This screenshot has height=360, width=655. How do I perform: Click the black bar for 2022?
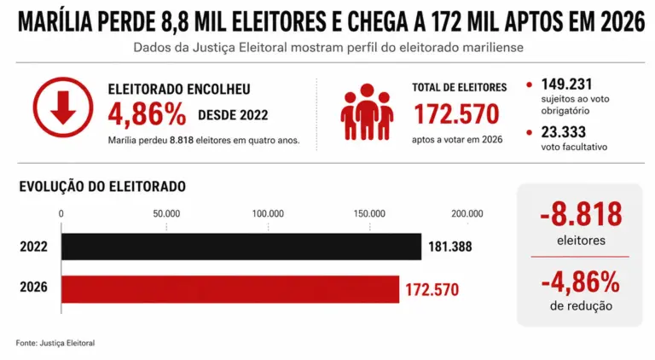coord(241,247)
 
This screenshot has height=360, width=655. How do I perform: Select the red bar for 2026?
coord(230,289)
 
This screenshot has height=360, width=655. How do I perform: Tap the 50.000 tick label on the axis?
coord(166,214)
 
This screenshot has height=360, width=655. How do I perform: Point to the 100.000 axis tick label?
coord(268,214)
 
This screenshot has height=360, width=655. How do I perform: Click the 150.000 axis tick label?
coord(369,214)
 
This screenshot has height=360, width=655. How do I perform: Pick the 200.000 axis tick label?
coord(467,214)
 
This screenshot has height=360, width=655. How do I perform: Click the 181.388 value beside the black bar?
coord(450,247)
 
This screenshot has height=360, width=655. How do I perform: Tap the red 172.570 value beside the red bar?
coord(432,290)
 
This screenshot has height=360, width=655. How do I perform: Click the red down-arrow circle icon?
coord(63,107)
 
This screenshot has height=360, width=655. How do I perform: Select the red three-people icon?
coord(367,112)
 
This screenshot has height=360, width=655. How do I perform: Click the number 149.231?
coord(566,84)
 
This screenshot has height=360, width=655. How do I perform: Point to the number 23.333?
coord(564,132)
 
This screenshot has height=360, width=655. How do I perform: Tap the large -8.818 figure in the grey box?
coord(581,214)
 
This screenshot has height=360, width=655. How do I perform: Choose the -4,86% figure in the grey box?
coord(581,282)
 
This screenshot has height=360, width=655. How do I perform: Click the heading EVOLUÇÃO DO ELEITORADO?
coord(102,186)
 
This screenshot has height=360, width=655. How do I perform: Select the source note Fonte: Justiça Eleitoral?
coord(55,343)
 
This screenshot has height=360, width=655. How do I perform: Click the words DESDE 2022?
coord(233,115)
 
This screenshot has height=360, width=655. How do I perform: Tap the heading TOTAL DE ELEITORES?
coord(459,87)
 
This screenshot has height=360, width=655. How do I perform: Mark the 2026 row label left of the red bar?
coord(33,287)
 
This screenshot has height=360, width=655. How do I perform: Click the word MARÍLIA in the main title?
coord(55,22)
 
